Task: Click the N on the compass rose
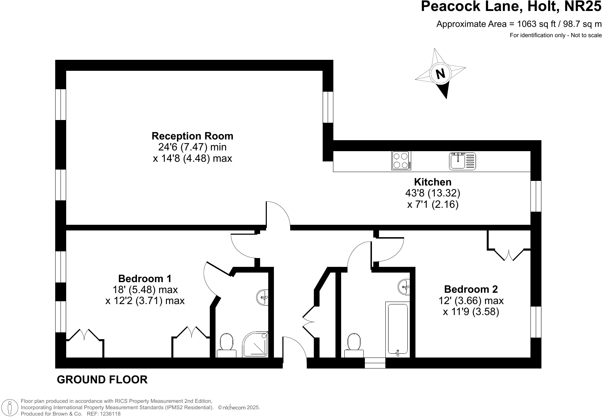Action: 440,74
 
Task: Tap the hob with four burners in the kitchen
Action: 401,161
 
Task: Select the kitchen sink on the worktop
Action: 463,161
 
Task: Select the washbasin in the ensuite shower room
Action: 263,297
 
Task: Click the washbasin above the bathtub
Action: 404,286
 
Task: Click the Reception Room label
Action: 192,136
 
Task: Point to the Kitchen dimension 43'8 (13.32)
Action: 432,193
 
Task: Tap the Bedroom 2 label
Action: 471,289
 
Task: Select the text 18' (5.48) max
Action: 145,290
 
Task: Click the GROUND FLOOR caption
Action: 102,380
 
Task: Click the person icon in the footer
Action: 10,408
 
